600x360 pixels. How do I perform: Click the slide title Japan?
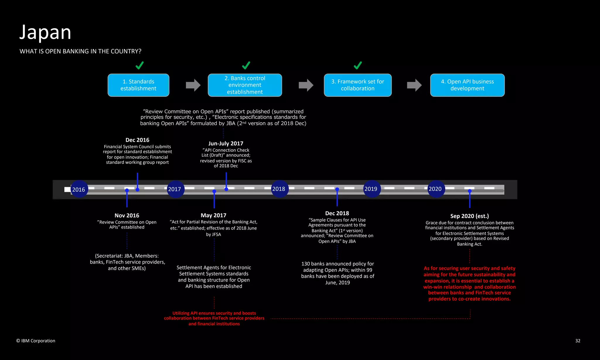[x=45, y=32]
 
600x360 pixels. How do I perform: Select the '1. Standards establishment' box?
[x=138, y=85]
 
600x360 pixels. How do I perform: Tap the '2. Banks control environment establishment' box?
[x=245, y=85]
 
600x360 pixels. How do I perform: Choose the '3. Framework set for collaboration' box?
[x=357, y=85]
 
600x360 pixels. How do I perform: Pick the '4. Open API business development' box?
[x=467, y=85]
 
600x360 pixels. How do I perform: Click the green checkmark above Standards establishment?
[x=139, y=65]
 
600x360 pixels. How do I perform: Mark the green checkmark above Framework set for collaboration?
[x=358, y=65]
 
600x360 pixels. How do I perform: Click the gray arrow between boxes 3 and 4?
[x=414, y=85]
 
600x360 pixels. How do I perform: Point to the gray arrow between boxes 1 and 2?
[x=193, y=85]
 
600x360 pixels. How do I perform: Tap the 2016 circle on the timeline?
[x=79, y=190]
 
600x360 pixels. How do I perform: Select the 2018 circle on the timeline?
[x=279, y=189]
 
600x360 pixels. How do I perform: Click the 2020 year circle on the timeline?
[x=435, y=189]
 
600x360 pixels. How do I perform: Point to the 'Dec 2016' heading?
[x=137, y=140]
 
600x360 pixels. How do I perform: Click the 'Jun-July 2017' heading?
[x=226, y=144]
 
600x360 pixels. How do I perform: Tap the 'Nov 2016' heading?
[x=127, y=216]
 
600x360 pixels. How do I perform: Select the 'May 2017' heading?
[x=214, y=215]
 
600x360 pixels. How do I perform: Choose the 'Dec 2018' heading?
[x=337, y=213]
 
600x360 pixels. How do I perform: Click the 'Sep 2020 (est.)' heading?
[x=469, y=216]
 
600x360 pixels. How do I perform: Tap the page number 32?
[x=578, y=341]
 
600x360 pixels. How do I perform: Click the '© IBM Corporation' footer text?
[x=36, y=341]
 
